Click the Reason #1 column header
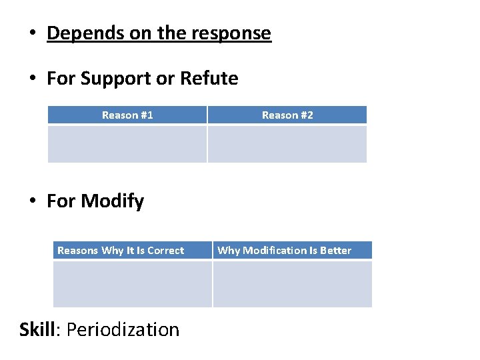pyautogui.click(x=127, y=115)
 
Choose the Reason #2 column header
pyautogui.click(x=287, y=115)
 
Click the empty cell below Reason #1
pyautogui.click(x=127, y=144)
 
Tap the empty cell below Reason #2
pyautogui.click(x=287, y=144)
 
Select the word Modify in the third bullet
pyautogui.click(x=112, y=201)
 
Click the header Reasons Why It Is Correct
pyautogui.click(x=121, y=251)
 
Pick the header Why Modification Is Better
pyautogui.click(x=285, y=251)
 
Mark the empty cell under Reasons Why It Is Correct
pyautogui.click(x=133, y=284)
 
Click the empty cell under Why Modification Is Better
pyautogui.click(x=293, y=284)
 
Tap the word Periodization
pyautogui.click(x=123, y=329)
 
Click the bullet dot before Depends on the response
pyautogui.click(x=31, y=34)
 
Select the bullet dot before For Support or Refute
pyautogui.click(x=31, y=79)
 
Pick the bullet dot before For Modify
pyautogui.click(x=31, y=201)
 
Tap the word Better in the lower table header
pyautogui.click(x=335, y=251)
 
